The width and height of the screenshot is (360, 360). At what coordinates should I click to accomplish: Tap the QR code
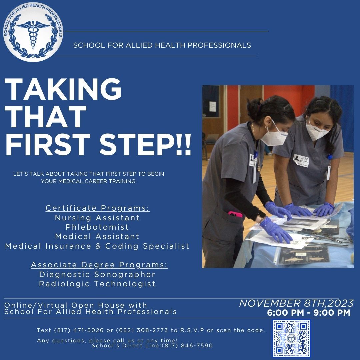click(x=291, y=338)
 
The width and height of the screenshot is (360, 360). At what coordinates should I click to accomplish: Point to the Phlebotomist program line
click(x=97, y=227)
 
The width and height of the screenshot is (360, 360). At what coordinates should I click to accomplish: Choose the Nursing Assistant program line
click(x=97, y=218)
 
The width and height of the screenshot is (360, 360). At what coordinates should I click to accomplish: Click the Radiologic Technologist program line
click(x=97, y=284)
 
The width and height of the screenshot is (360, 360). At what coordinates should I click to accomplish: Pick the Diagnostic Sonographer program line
click(x=97, y=274)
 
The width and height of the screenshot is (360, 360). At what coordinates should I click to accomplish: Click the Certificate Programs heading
click(x=97, y=208)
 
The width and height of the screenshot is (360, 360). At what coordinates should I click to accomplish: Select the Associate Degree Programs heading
click(x=99, y=265)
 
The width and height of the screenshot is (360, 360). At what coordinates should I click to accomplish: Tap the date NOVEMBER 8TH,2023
click(x=296, y=303)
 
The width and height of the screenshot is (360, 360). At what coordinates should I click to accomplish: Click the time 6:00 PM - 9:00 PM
click(x=308, y=313)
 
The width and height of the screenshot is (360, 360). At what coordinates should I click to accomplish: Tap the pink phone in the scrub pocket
click(x=235, y=214)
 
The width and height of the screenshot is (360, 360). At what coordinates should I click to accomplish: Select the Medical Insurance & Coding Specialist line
click(x=97, y=246)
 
